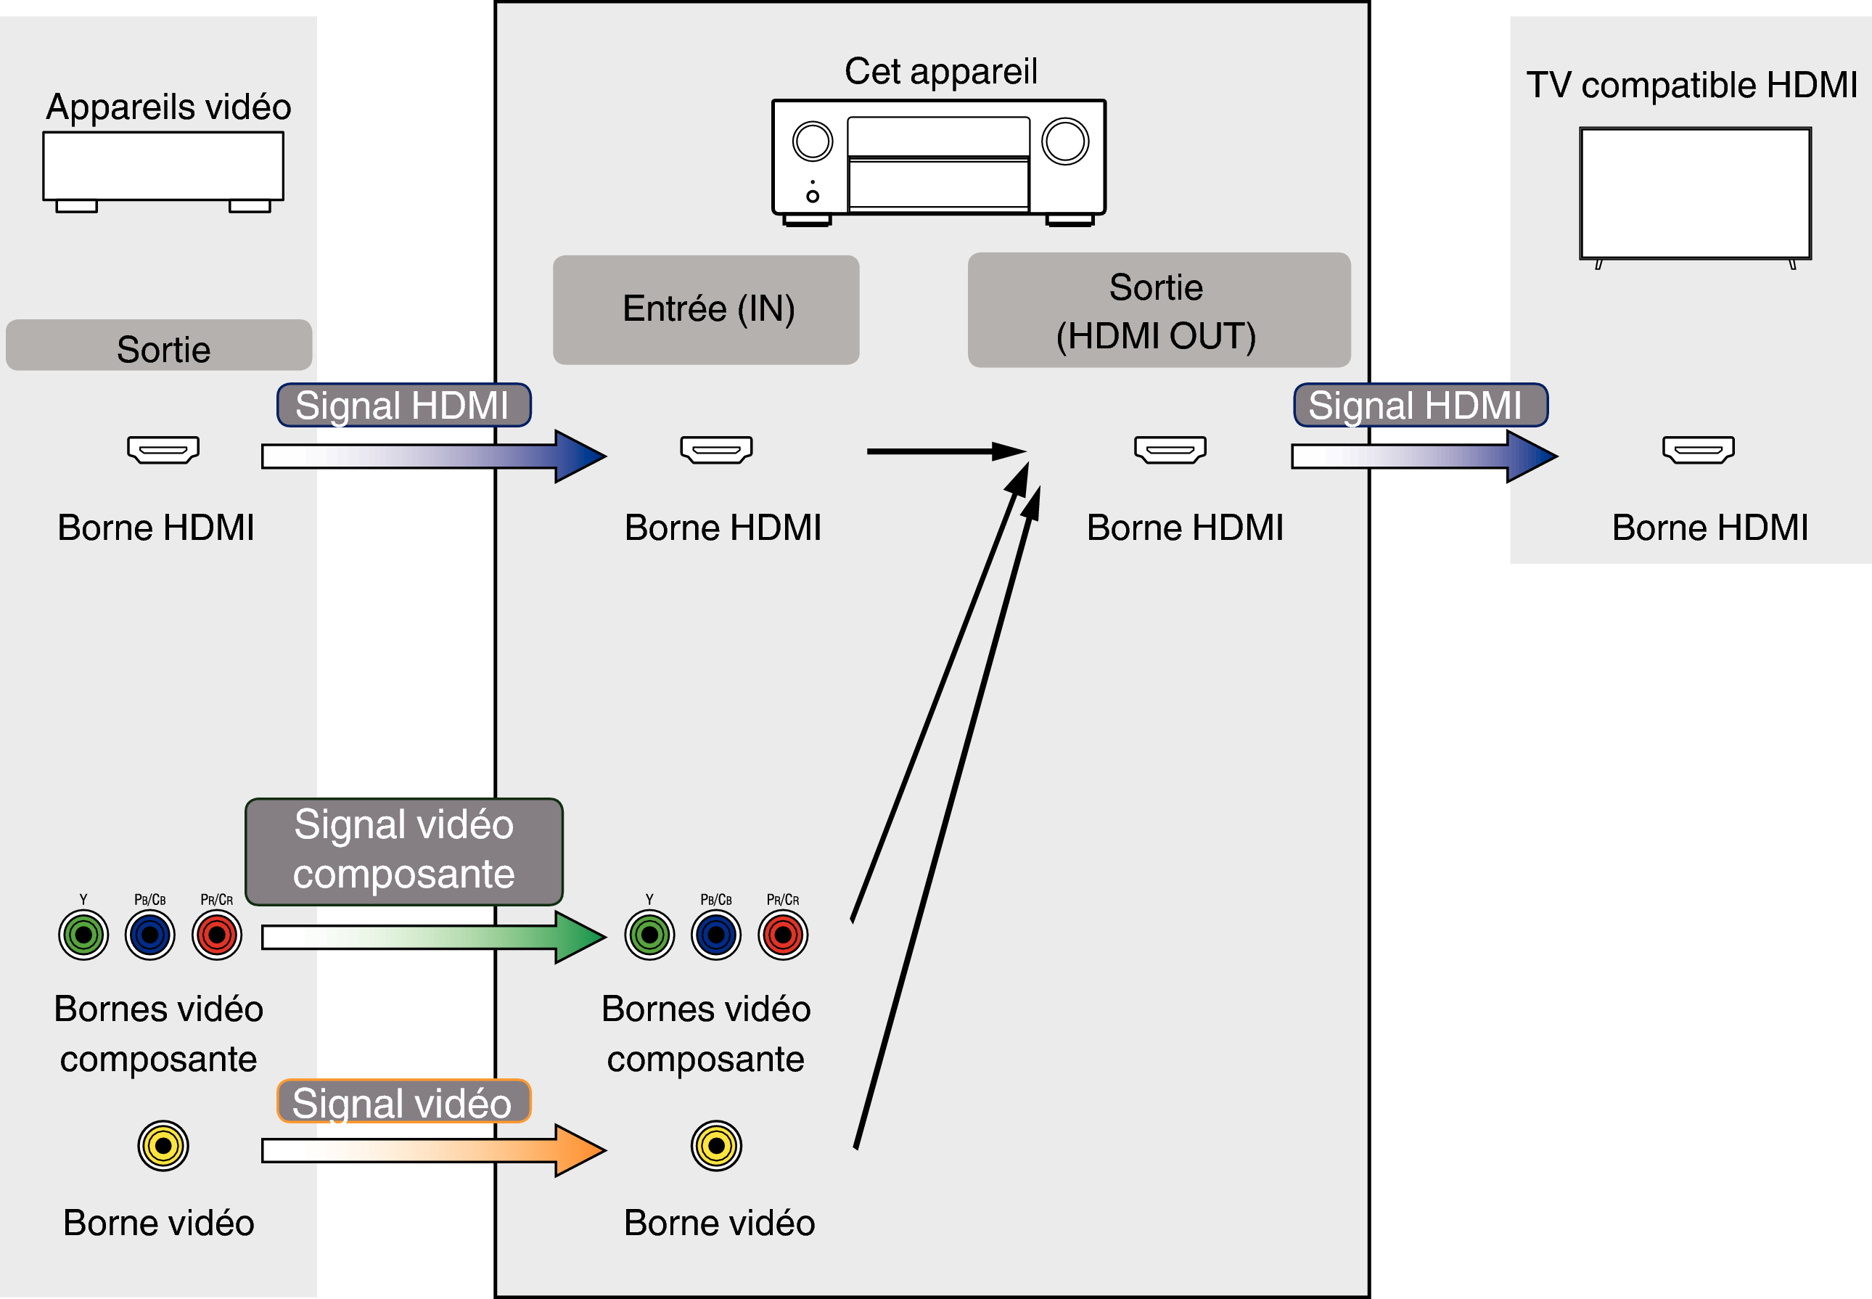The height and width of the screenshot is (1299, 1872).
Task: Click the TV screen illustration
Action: (x=1695, y=193)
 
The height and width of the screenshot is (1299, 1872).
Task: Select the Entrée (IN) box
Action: (x=705, y=309)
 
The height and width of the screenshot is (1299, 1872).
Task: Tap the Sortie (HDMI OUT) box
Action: (x=1159, y=309)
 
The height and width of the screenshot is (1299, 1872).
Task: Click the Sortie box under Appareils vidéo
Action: (x=159, y=345)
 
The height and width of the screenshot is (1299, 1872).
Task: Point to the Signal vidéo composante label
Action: (x=403, y=851)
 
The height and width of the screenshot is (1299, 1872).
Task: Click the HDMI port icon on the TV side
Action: (x=1698, y=449)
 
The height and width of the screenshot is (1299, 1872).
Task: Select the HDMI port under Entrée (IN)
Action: (x=716, y=449)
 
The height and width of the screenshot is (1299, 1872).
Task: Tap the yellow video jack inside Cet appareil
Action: (x=716, y=1146)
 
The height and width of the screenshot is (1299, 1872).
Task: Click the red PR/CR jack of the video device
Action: (x=216, y=935)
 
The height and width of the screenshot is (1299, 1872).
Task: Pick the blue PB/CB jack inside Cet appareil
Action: (x=716, y=935)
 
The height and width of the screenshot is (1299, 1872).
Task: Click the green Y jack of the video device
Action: (x=83, y=935)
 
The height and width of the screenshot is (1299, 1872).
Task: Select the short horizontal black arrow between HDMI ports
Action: (x=944, y=451)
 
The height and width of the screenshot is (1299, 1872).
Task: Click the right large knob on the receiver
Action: (x=1064, y=142)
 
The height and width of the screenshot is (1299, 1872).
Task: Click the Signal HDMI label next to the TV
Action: (x=1420, y=404)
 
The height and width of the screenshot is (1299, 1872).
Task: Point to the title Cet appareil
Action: (x=940, y=72)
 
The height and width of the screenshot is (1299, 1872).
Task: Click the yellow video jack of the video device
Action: (x=163, y=1146)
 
